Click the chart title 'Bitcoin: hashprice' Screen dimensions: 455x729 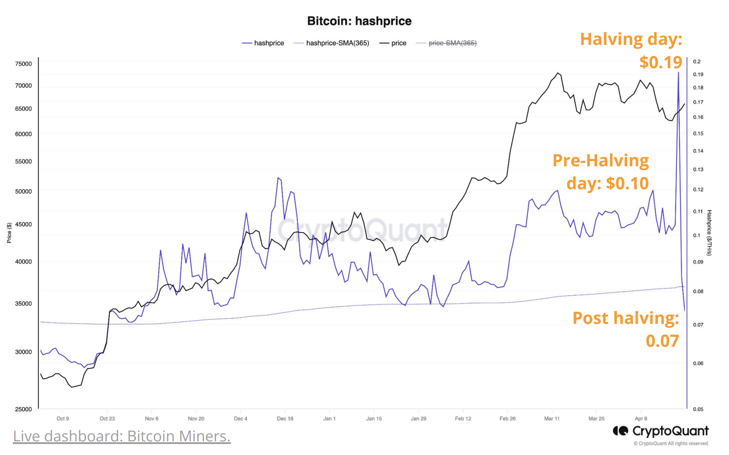(359, 21)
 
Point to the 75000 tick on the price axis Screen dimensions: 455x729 (23, 64)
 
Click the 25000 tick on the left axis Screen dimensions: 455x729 (23, 409)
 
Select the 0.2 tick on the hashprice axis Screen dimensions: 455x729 (696, 62)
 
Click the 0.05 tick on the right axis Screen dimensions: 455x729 (698, 409)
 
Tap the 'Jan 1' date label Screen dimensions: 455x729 (329, 418)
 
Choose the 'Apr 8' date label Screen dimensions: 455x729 (641, 418)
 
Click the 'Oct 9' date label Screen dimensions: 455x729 (63, 418)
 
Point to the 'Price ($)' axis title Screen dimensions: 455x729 (9, 233)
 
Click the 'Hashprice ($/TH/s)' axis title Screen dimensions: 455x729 (709, 233)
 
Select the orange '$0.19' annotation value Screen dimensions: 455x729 (660, 62)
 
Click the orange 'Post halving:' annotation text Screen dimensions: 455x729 (625, 318)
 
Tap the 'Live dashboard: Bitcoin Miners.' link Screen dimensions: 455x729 (122, 436)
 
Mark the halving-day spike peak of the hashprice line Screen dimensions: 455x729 (678, 72)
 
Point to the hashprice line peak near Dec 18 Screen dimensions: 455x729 (278, 177)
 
